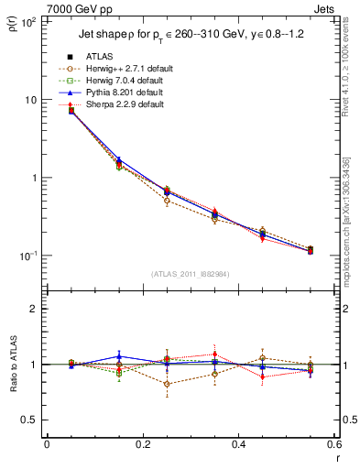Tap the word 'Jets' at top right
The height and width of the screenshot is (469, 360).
(x=325, y=7)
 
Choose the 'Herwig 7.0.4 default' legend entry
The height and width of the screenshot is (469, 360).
(x=125, y=81)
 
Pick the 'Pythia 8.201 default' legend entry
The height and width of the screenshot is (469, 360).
(x=125, y=93)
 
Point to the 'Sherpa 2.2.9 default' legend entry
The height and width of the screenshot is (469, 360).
(x=125, y=104)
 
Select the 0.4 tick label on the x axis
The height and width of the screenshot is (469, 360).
(x=238, y=444)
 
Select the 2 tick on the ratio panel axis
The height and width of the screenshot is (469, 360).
(x=34, y=309)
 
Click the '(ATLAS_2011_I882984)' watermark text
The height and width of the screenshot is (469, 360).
(x=190, y=274)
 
